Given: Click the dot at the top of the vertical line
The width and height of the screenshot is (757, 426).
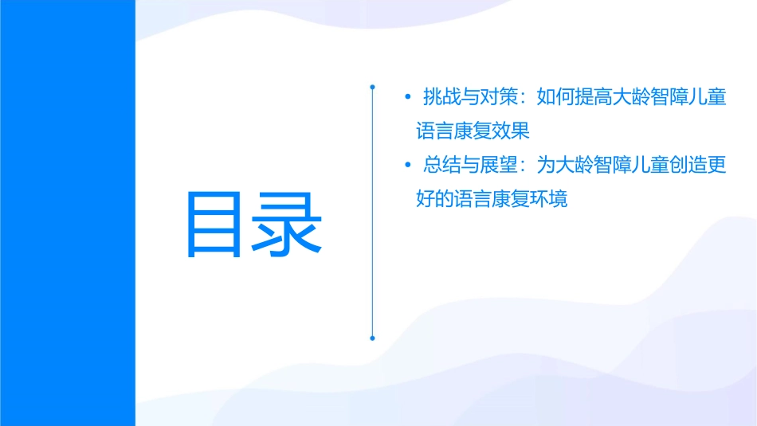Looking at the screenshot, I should pyautogui.click(x=372, y=85).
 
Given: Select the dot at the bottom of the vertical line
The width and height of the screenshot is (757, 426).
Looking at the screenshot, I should pyautogui.click(x=372, y=338).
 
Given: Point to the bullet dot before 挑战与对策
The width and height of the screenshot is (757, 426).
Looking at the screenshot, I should pyautogui.click(x=409, y=98).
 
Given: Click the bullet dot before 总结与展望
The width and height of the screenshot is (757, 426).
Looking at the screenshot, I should pyautogui.click(x=409, y=166).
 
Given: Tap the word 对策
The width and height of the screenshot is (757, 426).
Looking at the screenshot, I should pyautogui.click(x=497, y=97).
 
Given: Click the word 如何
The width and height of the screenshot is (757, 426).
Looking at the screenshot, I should pyautogui.click(x=555, y=97).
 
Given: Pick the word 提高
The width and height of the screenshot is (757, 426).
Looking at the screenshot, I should pyautogui.click(x=593, y=97).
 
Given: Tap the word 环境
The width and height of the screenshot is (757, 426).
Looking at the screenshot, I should pyautogui.click(x=548, y=199).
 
